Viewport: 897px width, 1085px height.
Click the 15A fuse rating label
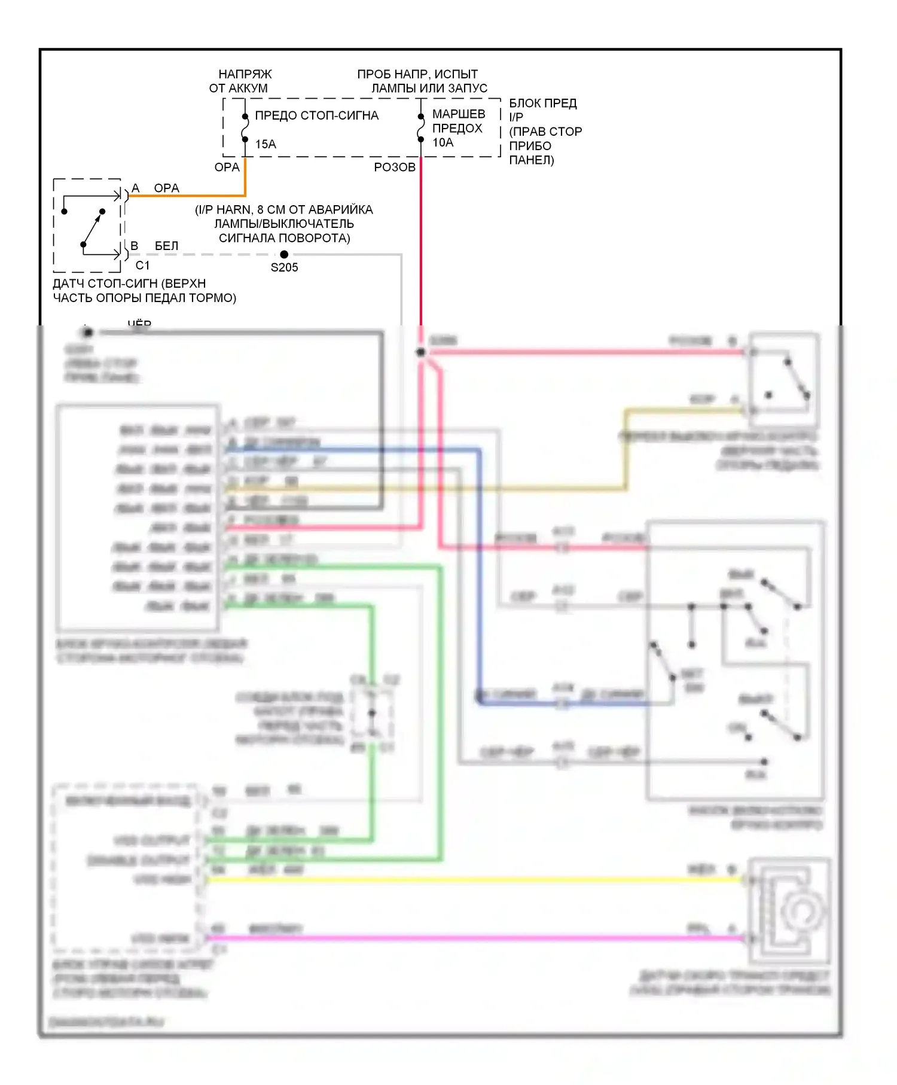coord(266,144)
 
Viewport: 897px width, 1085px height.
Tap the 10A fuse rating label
coord(443,142)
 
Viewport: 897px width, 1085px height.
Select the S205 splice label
coord(284,267)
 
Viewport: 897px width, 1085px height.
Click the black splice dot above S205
coord(284,254)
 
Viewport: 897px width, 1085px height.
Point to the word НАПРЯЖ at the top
coord(245,74)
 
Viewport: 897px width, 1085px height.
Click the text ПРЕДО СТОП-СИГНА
coord(316,115)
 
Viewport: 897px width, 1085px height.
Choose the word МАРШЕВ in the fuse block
coord(458,114)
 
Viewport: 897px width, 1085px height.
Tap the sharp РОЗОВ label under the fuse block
coord(394,167)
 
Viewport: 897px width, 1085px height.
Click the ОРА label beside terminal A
coord(166,188)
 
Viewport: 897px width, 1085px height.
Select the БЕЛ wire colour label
coord(166,246)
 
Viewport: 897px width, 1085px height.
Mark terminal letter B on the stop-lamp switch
coord(135,246)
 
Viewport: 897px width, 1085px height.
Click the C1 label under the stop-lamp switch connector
coord(142,265)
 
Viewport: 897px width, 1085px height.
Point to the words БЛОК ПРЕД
coord(542,103)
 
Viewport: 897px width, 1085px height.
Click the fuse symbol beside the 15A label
coord(245,127)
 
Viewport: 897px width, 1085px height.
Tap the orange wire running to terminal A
coord(191,196)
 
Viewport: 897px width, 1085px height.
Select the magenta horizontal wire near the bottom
coord(478,938)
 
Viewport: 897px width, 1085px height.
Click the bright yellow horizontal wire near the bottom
coord(478,880)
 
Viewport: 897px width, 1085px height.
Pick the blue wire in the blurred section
coord(479,568)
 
